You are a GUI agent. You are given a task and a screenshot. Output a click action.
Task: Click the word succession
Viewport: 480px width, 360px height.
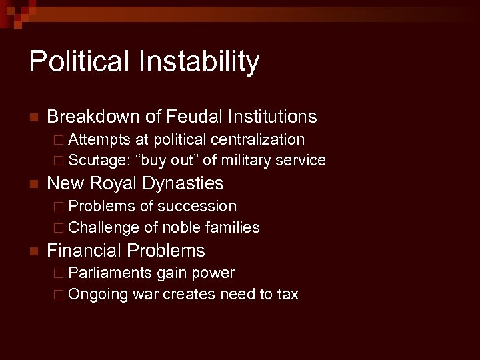click(200, 206)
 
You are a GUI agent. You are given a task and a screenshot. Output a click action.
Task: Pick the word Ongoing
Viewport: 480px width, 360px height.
click(97, 294)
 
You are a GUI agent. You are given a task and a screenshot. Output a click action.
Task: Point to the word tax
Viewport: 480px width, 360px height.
click(287, 294)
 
